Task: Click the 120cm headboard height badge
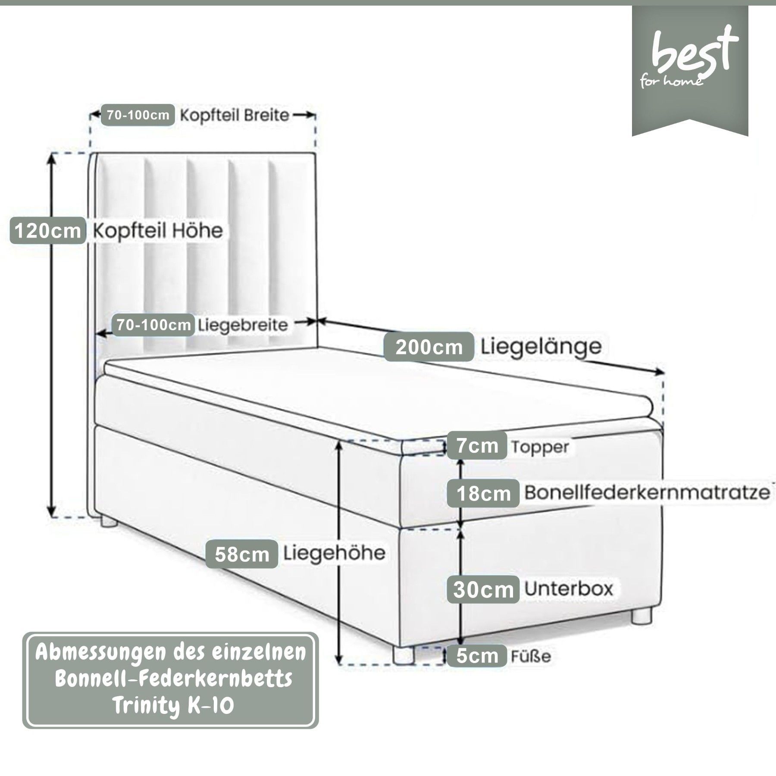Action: pyautogui.click(x=47, y=231)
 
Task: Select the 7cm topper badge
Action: pyautogui.click(x=477, y=445)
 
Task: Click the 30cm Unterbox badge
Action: pyautogui.click(x=483, y=589)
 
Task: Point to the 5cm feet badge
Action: pyautogui.click(x=477, y=656)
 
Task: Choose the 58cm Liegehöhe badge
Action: pyautogui.click(x=242, y=554)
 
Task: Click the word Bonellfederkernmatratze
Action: pyautogui.click(x=647, y=492)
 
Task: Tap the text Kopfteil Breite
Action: pyautogui.click(x=234, y=115)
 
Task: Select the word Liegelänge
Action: pyautogui.click(x=541, y=346)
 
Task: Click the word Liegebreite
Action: pyautogui.click(x=243, y=325)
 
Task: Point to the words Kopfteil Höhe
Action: pyautogui.click(x=158, y=231)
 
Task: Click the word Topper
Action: pyautogui.click(x=540, y=447)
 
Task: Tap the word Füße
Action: pyautogui.click(x=531, y=656)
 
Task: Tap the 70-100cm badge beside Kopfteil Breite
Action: pyautogui.click(x=138, y=115)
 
